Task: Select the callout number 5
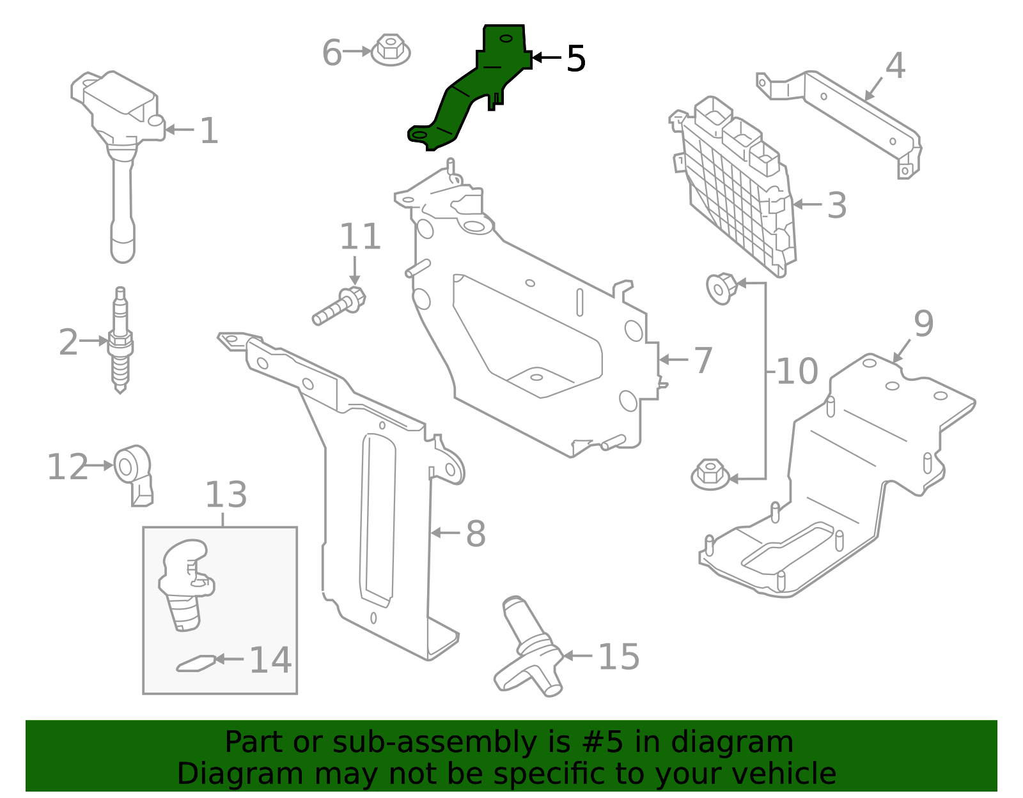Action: (575, 59)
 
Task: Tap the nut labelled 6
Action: (390, 50)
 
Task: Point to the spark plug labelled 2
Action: (120, 342)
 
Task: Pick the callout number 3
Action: (836, 206)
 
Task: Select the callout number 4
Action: (895, 66)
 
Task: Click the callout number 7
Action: (703, 360)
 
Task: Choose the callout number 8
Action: (475, 533)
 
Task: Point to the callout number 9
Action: (923, 325)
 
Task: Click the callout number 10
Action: (796, 371)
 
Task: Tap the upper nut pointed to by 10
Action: (721, 288)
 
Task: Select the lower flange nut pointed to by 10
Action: (710, 474)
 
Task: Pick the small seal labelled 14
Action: (195, 663)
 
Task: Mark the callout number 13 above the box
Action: (226, 495)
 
